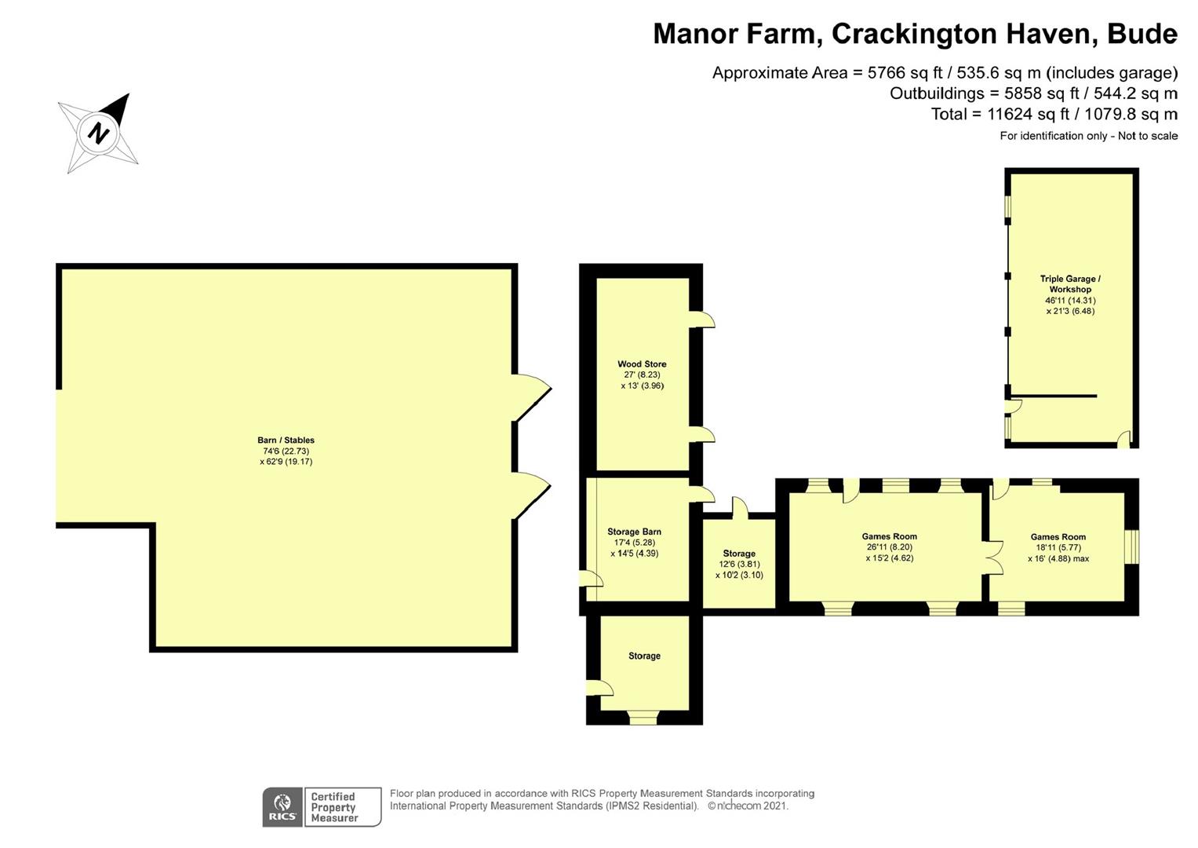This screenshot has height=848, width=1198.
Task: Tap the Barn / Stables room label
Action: pos(286,440)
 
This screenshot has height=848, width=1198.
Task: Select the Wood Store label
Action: pos(642,364)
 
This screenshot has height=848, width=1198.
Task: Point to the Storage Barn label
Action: pos(634,532)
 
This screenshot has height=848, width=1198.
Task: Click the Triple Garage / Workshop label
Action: pos(1070,283)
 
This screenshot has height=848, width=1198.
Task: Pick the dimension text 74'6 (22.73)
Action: pos(286,451)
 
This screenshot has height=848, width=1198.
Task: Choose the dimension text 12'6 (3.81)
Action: pos(739,564)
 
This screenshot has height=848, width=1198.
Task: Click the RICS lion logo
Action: pos(282,807)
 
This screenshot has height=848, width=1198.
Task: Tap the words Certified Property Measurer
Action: pos(333,807)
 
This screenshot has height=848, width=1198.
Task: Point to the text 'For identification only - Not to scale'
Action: pos(1088,136)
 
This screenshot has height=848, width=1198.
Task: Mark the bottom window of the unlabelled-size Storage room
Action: pos(643,718)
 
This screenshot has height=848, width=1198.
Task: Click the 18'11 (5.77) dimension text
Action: pos(1058,548)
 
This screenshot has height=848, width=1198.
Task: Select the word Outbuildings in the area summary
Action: pos(937,93)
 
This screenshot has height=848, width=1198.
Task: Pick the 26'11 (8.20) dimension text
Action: pos(890,547)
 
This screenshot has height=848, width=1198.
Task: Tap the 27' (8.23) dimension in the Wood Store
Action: pos(642,375)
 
